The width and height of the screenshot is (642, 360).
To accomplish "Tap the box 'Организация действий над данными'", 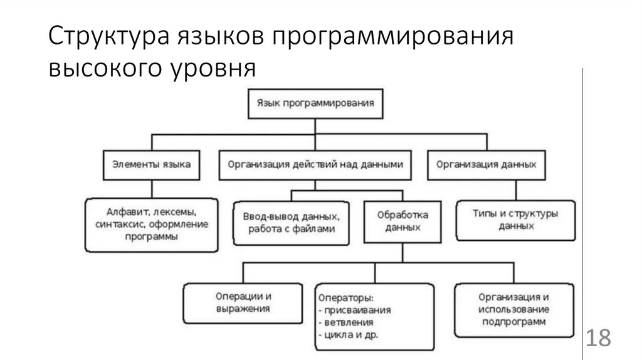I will tap(316, 164).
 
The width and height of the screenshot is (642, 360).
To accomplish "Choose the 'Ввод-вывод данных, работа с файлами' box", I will tap(292, 223).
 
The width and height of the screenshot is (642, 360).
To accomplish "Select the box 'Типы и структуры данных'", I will tap(516, 220).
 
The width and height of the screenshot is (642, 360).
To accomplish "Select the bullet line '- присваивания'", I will tap(355, 310).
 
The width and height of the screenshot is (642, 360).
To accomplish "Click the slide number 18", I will tap(598, 338).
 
